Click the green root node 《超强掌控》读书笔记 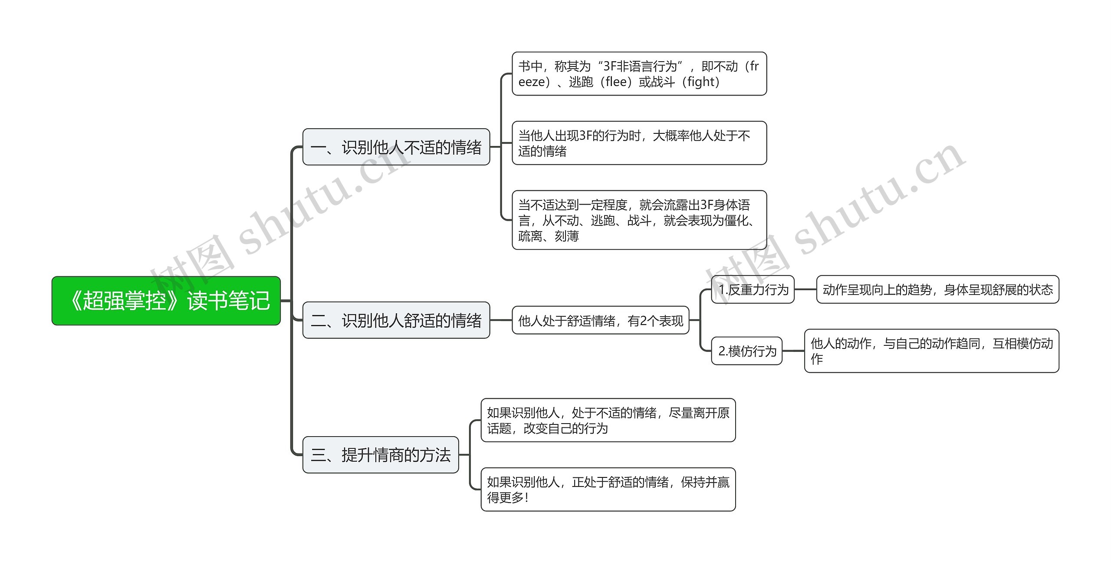tap(166, 301)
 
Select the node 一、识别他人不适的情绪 tap(396, 147)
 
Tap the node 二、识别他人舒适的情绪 tap(396, 320)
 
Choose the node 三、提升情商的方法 tap(381, 455)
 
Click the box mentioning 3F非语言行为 tap(639, 74)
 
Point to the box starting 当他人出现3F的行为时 tap(639, 143)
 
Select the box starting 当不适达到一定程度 tap(639, 220)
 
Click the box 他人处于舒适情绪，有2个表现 tap(601, 320)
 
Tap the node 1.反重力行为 tap(753, 289)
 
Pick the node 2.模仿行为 tap(747, 351)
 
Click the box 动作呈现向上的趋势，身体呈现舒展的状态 tap(938, 289)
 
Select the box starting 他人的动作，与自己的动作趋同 tap(932, 351)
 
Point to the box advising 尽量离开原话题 tap(608, 420)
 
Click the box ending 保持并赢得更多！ tap(608, 490)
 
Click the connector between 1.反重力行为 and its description tap(805, 289)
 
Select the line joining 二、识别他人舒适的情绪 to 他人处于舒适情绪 tap(501, 320)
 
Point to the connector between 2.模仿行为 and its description tap(793, 351)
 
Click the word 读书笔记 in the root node tap(228, 301)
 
